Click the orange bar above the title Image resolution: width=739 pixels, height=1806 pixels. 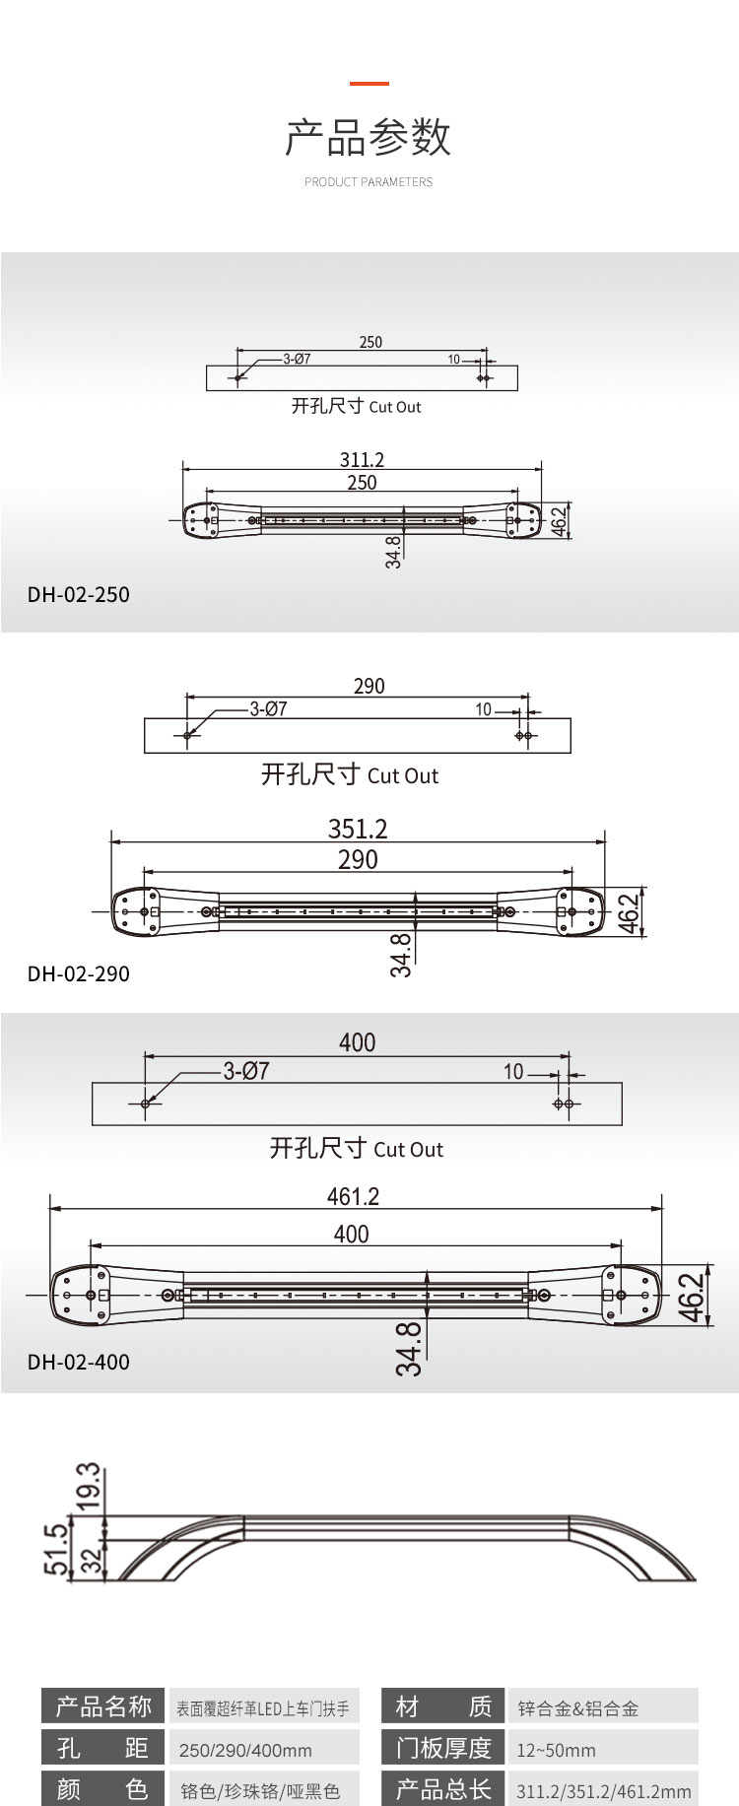tap(369, 84)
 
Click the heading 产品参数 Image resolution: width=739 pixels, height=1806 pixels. tap(369, 138)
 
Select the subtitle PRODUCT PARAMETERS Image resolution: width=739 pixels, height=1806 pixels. tap(369, 182)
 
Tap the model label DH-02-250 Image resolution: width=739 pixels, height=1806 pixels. tap(79, 595)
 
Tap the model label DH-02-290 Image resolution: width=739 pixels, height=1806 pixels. tap(79, 974)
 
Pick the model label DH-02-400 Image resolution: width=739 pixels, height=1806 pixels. tap(79, 1363)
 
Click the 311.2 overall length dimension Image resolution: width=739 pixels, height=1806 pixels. tap(362, 460)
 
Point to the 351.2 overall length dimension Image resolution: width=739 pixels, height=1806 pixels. tap(358, 829)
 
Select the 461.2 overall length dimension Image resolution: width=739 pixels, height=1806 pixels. tap(353, 1196)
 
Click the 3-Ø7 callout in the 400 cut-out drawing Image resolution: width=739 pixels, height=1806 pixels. tap(246, 1071)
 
